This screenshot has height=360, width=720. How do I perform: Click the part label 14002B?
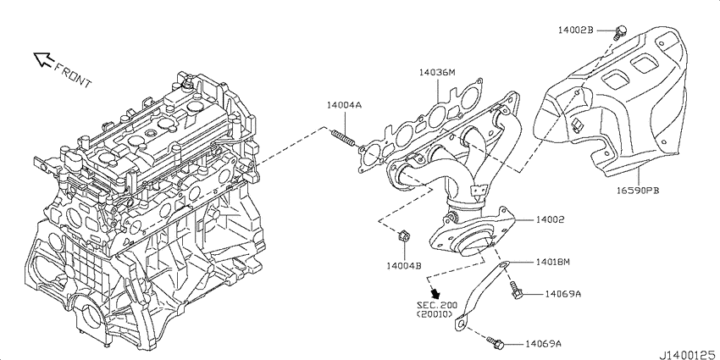[575, 30]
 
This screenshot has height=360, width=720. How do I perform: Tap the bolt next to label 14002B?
[621, 31]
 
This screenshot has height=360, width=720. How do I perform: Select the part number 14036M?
[437, 73]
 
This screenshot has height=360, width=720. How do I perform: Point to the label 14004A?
[344, 106]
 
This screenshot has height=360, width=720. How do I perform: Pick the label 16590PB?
[639, 190]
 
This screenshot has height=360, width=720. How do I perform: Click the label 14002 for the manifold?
[550, 220]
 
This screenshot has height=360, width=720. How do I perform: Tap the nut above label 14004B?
[403, 237]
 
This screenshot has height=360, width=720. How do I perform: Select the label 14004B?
[403, 265]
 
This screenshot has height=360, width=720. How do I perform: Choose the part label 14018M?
[552, 263]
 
